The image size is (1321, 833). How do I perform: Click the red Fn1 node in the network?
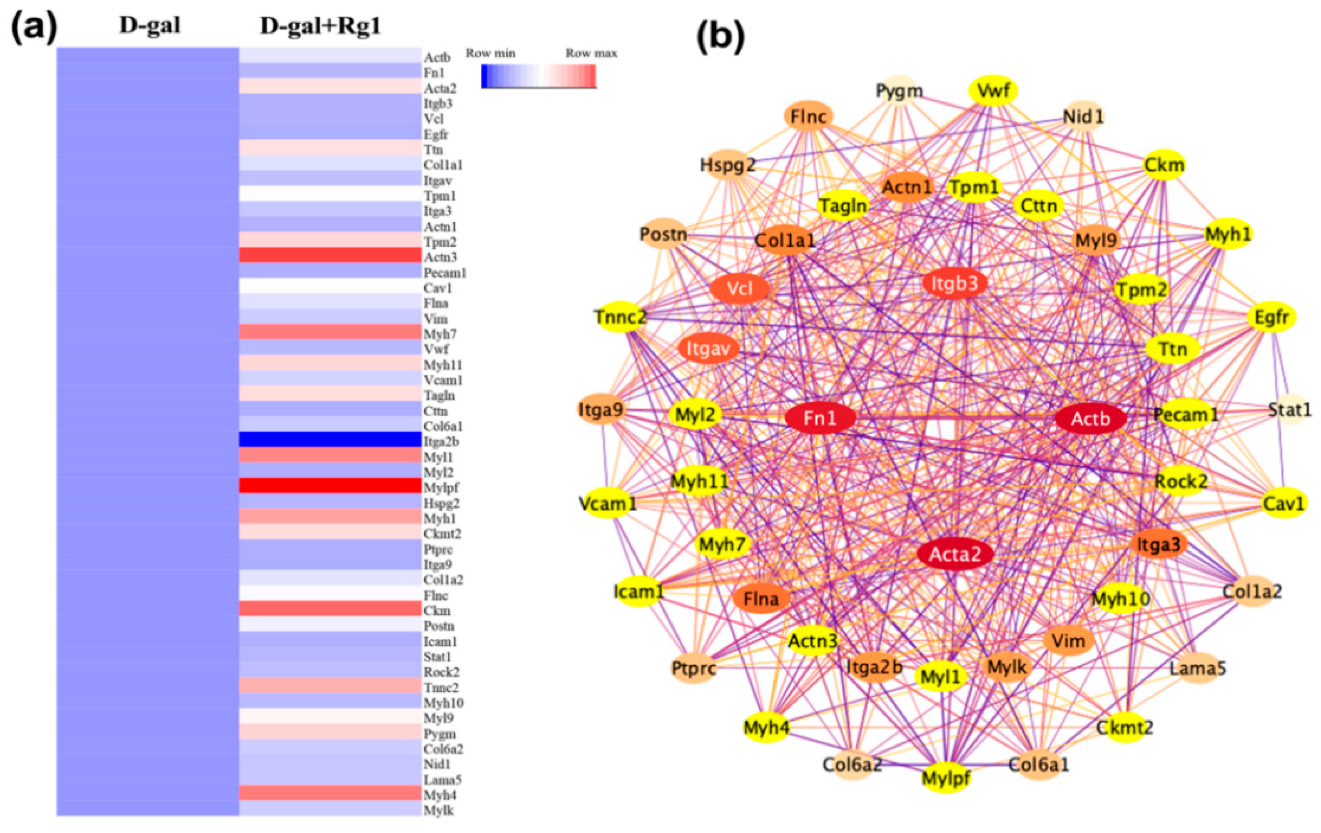click(x=820, y=419)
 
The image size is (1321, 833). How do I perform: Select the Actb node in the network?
click(x=1091, y=419)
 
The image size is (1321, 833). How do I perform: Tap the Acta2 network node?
click(x=955, y=554)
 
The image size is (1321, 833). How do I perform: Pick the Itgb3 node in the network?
click(x=954, y=283)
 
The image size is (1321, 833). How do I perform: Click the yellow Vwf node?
click(x=993, y=90)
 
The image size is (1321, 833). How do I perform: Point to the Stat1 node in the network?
click(x=1290, y=410)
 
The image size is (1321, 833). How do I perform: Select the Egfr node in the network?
click(x=1271, y=317)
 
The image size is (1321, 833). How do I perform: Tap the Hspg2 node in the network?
click(x=727, y=165)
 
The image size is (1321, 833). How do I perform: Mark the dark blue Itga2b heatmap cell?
click(x=330, y=440)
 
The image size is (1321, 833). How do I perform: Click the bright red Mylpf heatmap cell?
click(x=330, y=486)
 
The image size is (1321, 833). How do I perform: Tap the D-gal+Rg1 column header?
click(x=320, y=26)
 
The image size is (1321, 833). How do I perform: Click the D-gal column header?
click(x=150, y=26)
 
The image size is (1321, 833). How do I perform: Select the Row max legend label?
click(x=591, y=54)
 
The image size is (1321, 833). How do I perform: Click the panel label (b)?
click(x=720, y=37)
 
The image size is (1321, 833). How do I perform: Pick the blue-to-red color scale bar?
click(x=538, y=76)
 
